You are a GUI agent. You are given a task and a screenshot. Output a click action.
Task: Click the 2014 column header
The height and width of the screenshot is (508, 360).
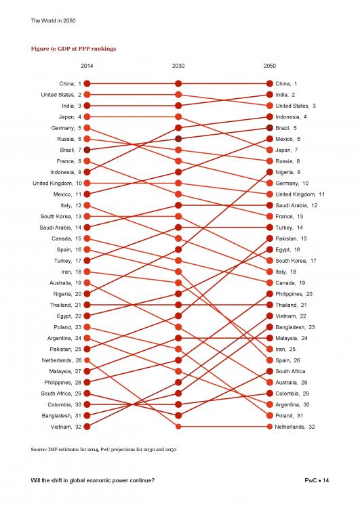(87, 66)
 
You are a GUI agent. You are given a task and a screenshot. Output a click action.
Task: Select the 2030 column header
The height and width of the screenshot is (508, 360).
(178, 66)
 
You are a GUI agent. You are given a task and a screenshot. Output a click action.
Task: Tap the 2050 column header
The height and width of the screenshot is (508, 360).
(270, 66)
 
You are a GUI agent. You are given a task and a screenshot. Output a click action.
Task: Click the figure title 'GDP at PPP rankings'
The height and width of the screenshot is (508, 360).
(87, 49)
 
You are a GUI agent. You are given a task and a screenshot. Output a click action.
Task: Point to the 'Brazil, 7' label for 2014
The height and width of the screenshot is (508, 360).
(71, 150)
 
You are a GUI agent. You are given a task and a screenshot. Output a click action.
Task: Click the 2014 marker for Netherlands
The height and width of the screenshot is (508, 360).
(87, 360)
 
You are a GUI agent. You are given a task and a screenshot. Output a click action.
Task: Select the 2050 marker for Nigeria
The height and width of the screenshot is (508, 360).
(270, 172)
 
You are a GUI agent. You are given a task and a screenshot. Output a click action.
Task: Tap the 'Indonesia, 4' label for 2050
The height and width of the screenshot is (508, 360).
(291, 117)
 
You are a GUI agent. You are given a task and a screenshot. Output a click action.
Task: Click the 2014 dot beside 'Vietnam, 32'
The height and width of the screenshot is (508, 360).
(87, 427)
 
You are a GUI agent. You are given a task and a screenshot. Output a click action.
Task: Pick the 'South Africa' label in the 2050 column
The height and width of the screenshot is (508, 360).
(290, 371)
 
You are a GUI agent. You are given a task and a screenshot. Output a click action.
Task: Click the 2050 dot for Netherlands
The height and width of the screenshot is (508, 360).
(270, 427)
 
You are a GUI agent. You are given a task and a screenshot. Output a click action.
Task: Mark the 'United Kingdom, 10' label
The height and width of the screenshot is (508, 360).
(57, 184)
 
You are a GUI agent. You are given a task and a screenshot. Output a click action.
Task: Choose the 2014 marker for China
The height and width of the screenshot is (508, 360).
(87, 83)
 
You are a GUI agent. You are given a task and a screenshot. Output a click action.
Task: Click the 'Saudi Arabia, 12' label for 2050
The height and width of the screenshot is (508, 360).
(296, 205)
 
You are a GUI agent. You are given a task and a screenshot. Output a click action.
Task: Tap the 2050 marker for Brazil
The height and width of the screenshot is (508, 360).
(270, 128)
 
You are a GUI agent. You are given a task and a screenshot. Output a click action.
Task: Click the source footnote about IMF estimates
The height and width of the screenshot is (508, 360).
(104, 449)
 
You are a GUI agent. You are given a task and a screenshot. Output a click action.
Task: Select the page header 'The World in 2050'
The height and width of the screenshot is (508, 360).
(53, 20)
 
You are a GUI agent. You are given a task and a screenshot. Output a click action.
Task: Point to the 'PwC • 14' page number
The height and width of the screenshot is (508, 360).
(317, 480)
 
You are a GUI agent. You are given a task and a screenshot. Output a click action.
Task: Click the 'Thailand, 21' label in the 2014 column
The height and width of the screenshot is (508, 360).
(66, 305)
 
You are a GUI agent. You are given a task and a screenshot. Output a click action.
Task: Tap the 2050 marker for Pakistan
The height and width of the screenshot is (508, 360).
(270, 238)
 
